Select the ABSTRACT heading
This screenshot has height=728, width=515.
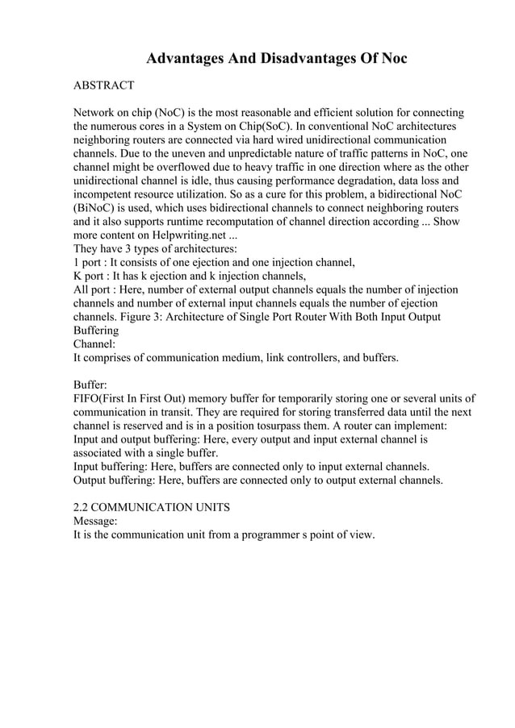(104, 85)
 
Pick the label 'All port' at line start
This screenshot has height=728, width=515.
(94, 289)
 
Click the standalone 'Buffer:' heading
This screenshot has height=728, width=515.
(91, 385)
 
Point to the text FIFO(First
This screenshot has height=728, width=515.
(105, 398)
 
